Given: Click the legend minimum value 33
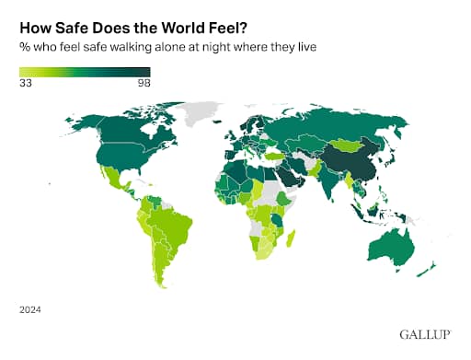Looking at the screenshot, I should point(26,83).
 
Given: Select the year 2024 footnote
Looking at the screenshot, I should point(29,309).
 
